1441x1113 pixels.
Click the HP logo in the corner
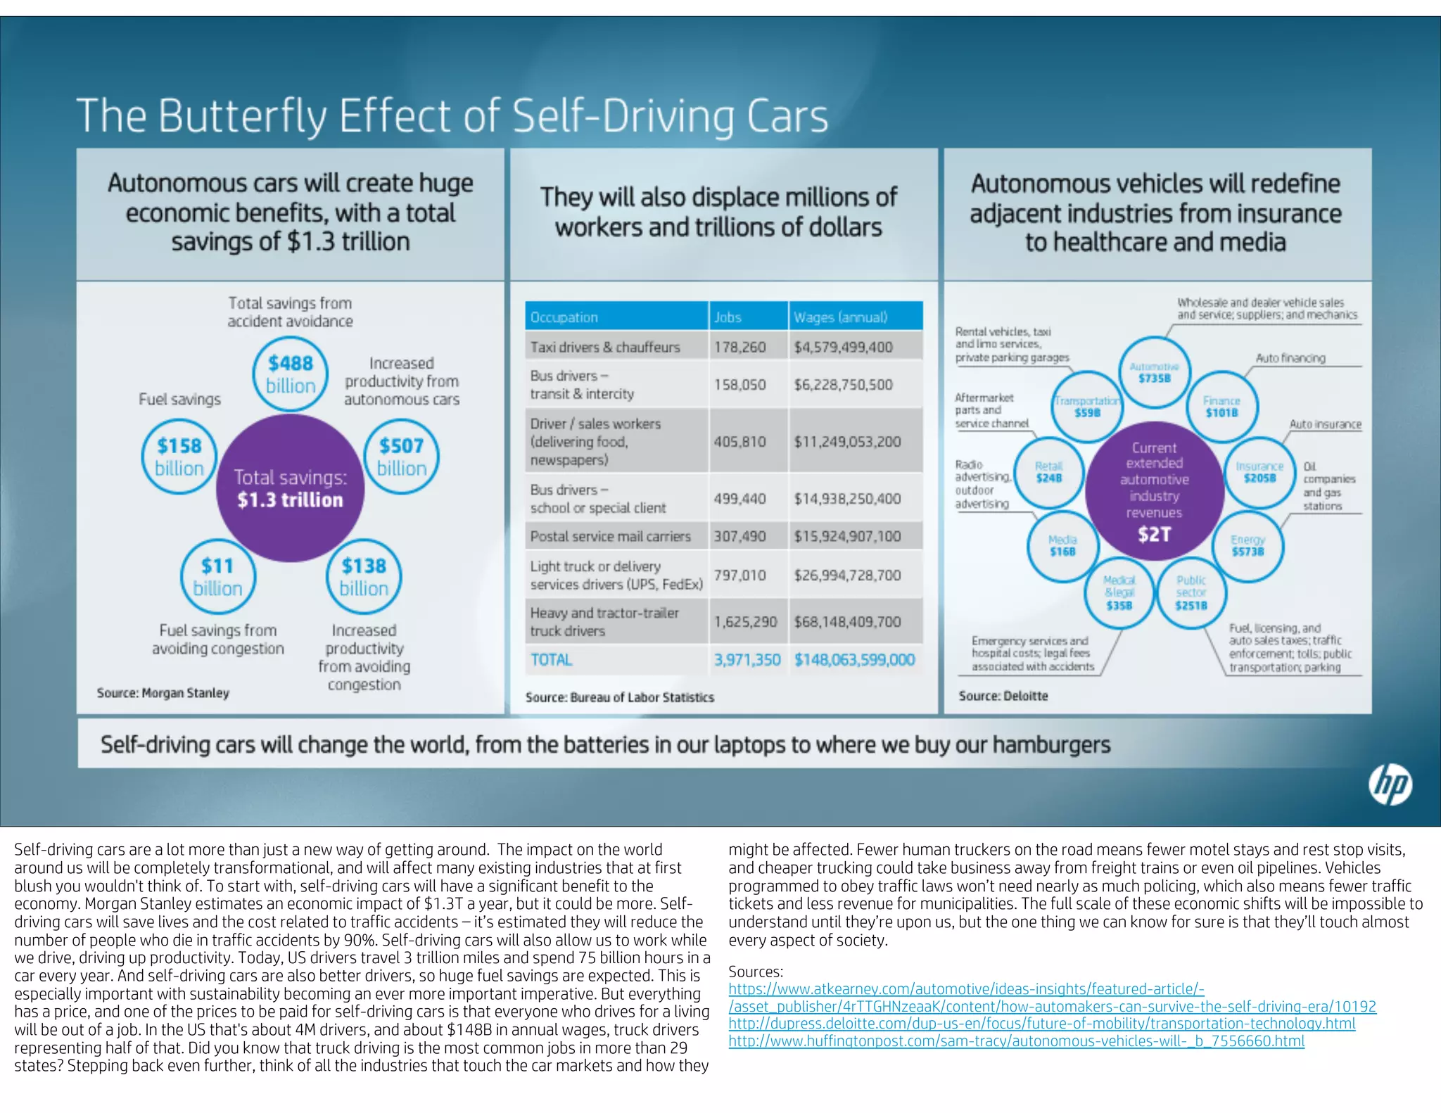[x=1390, y=785]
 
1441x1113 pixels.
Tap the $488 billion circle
[x=290, y=374]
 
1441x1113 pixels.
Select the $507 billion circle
[x=401, y=457]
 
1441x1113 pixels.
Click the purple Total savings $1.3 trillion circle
[x=290, y=488]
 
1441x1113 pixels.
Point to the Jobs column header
[x=728, y=317]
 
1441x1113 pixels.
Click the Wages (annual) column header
[x=840, y=317]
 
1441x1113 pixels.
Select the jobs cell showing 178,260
[x=739, y=347]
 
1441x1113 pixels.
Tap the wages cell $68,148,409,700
[x=847, y=622]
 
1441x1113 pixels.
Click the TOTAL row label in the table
[x=551, y=660]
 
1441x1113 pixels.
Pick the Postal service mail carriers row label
[x=610, y=536]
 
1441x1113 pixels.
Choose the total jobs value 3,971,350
[x=747, y=660]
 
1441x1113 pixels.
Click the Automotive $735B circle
[x=1154, y=372]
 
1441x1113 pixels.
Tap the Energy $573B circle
[x=1248, y=545]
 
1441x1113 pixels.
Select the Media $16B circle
[x=1062, y=545]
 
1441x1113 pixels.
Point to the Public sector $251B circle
[x=1191, y=592]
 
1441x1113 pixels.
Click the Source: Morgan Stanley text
[x=163, y=693]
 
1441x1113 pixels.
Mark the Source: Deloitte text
[x=1003, y=696]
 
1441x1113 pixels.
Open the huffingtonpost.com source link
[x=1016, y=1041]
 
